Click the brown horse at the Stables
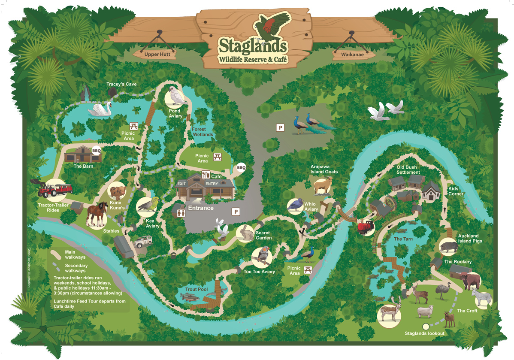(x=96, y=213)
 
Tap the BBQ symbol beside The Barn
(x=96, y=151)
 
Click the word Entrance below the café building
(x=201, y=208)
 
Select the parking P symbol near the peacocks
(x=281, y=127)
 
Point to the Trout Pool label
(x=197, y=290)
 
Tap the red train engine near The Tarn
(x=366, y=227)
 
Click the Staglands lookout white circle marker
(x=426, y=326)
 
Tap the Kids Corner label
(x=456, y=191)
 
